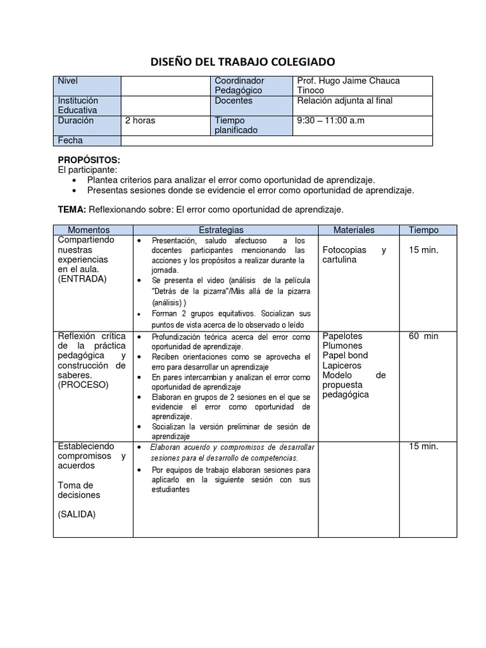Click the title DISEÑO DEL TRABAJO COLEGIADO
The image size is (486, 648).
[x=242, y=61]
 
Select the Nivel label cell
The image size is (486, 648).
[x=87, y=86]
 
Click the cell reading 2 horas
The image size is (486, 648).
[x=140, y=120]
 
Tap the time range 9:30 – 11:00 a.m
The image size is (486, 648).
[x=330, y=120]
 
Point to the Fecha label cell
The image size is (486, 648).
[x=87, y=140]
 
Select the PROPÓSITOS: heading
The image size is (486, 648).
[x=89, y=160]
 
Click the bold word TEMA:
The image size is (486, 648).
[x=72, y=209]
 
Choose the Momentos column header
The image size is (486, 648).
[x=89, y=230]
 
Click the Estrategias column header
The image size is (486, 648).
[x=221, y=230]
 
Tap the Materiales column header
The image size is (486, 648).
[x=354, y=230]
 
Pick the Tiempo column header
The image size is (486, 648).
[x=423, y=230]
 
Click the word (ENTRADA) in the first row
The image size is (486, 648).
[x=82, y=278]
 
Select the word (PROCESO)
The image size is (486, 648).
[x=83, y=385]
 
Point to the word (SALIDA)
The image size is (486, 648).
[x=77, y=514]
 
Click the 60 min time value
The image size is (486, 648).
[x=423, y=336]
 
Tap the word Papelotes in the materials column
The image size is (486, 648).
[x=342, y=336]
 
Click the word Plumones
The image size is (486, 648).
[x=342, y=346]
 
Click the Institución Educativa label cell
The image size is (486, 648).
[x=87, y=105]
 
